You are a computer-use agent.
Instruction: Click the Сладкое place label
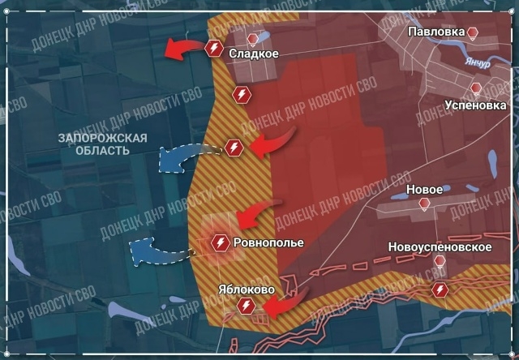click(x=254, y=54)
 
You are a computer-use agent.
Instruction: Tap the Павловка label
click(x=437, y=32)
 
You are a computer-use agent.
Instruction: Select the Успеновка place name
click(x=476, y=104)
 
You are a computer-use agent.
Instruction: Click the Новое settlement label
click(x=423, y=189)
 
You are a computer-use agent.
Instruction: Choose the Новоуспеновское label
click(x=440, y=246)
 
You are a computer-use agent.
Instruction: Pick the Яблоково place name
click(x=247, y=289)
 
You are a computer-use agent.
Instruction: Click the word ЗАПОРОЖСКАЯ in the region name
click(x=102, y=138)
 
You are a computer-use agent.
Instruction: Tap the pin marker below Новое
click(x=423, y=204)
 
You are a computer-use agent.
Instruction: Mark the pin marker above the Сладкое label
click(x=254, y=39)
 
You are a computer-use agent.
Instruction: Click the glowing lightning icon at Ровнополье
click(x=220, y=242)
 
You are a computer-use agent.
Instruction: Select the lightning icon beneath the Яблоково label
click(x=247, y=306)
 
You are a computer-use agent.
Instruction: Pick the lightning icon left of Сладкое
click(x=214, y=49)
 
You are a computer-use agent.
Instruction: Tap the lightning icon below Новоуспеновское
click(x=440, y=289)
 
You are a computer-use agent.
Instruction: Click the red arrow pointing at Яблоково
click(x=278, y=306)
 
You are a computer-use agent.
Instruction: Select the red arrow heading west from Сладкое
click(x=183, y=50)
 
